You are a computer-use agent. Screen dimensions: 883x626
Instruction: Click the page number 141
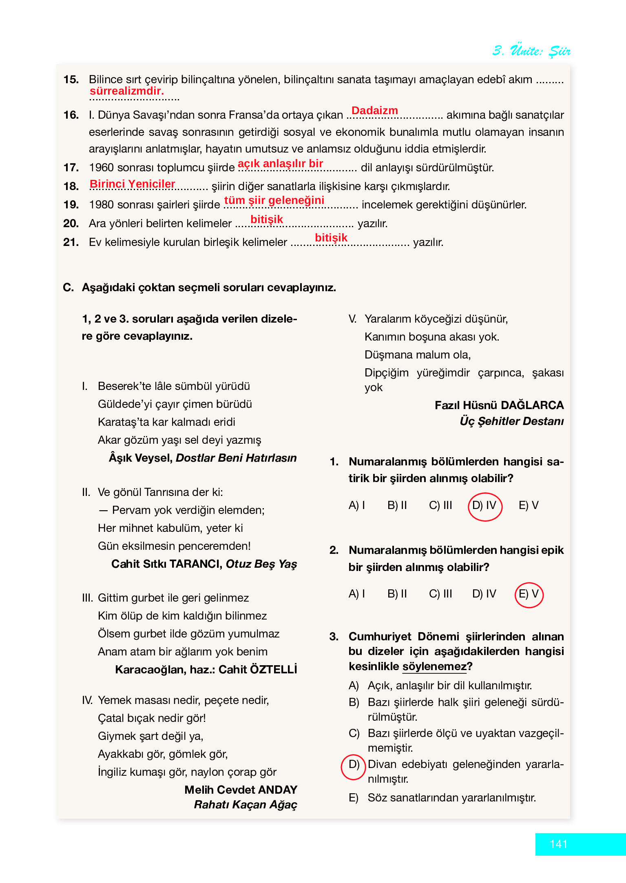(558, 844)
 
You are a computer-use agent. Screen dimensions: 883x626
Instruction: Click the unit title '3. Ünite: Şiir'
(531, 51)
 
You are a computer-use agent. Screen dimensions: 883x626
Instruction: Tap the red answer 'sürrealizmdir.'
(126, 91)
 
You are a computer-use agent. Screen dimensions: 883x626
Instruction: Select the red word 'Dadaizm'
(374, 111)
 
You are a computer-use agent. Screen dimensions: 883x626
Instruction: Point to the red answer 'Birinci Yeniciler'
(132, 184)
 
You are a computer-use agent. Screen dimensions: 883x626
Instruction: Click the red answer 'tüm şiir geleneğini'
(274, 200)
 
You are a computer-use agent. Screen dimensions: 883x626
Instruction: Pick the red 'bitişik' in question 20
(266, 219)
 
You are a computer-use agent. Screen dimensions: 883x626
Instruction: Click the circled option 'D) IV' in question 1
(484, 506)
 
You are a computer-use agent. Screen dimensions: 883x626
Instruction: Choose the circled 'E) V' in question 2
(529, 594)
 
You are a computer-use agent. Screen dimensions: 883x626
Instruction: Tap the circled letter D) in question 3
(354, 764)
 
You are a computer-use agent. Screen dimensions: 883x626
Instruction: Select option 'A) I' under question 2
(357, 594)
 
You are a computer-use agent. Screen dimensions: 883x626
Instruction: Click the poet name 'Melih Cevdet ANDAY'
(241, 790)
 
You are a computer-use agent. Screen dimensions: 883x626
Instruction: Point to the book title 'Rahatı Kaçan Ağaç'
(246, 805)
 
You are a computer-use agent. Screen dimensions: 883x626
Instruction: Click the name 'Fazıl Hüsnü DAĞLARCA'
(499, 405)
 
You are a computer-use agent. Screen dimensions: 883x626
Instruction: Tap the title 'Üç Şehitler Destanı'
(511, 421)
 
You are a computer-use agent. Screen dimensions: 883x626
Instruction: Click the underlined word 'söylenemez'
(434, 666)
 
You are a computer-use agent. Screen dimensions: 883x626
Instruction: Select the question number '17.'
(71, 168)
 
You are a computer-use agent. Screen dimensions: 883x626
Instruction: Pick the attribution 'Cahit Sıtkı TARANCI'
(166, 564)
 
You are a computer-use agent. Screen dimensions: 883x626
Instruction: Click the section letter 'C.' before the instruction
(68, 288)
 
